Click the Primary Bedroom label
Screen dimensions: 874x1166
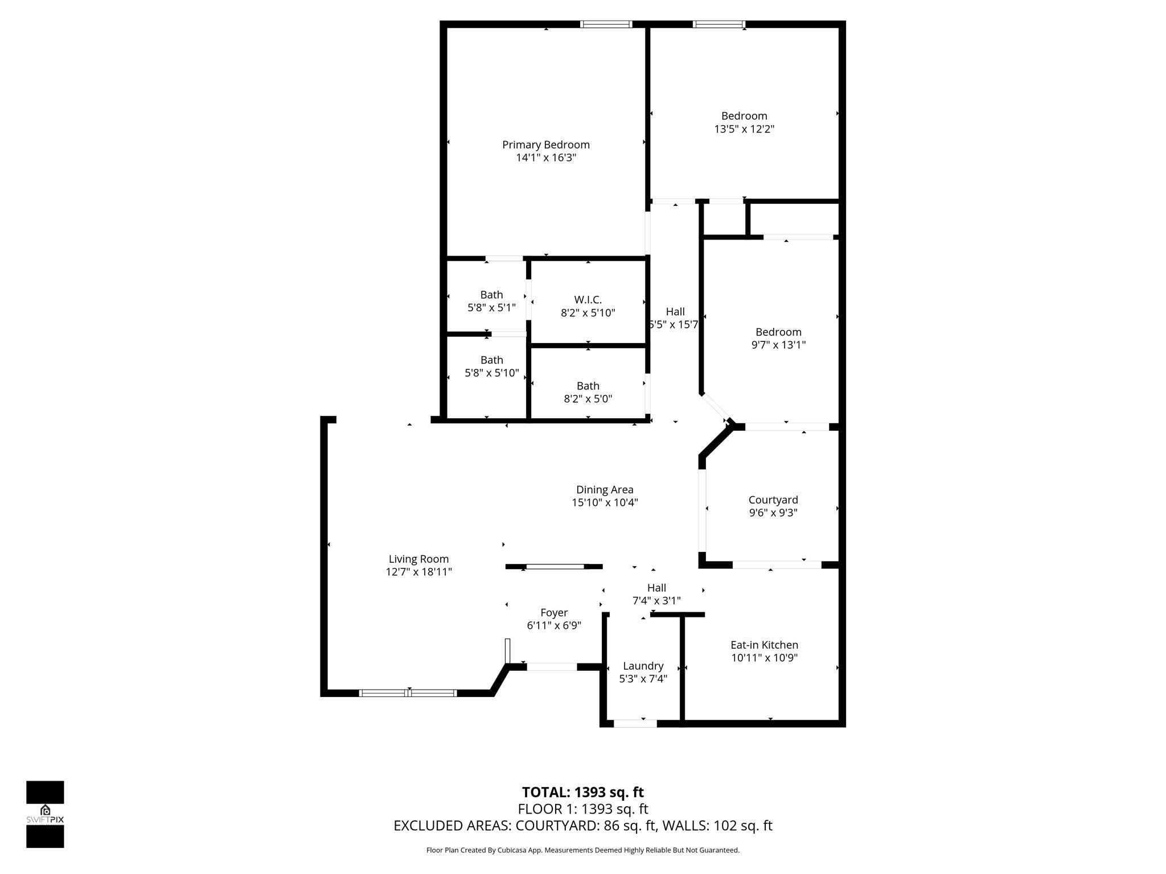[545, 145]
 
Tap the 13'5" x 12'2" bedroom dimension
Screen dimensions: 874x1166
[744, 129]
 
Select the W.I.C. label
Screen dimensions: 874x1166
[588, 300]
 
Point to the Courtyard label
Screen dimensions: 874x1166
[773, 500]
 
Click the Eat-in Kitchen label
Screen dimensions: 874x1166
[764, 645]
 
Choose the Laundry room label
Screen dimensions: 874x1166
[643, 666]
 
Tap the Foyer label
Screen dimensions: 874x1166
[553, 613]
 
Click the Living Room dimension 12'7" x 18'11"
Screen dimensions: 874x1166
[418, 572]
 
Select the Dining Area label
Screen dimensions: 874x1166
[604, 490]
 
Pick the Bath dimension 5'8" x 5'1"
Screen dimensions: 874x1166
[491, 308]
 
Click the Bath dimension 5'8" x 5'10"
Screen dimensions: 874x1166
[491, 373]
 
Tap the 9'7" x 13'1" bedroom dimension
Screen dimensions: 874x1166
[778, 345]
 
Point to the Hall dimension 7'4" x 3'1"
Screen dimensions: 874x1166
[656, 601]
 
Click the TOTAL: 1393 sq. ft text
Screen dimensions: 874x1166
[582, 792]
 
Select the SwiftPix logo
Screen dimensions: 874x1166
[45, 814]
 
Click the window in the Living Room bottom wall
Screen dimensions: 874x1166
[408, 692]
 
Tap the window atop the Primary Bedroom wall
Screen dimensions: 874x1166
[606, 24]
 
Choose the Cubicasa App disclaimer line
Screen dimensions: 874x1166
[582, 851]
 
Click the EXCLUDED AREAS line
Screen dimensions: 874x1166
[582, 826]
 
